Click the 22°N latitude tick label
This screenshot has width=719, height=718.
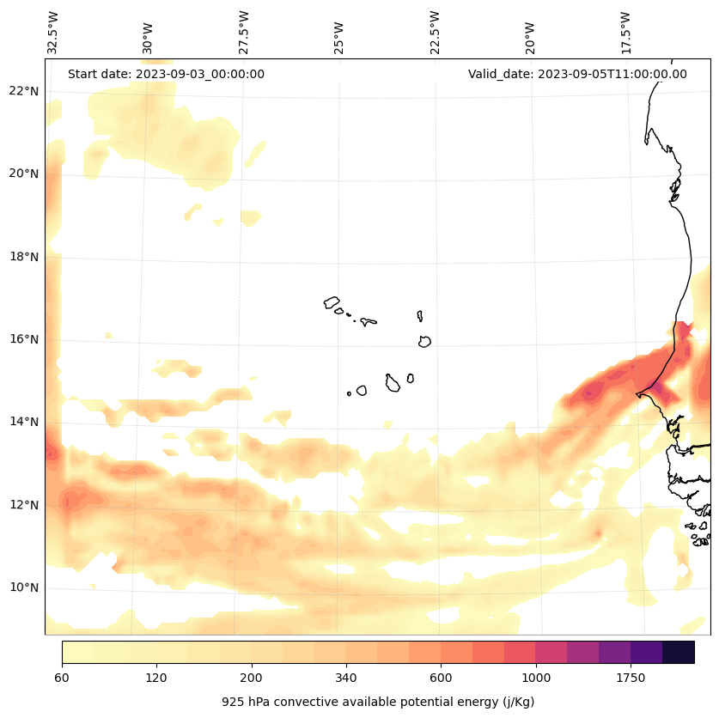pyautogui.click(x=24, y=90)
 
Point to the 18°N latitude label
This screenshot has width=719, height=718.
pyautogui.click(x=24, y=256)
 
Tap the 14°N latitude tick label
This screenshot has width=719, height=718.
pyautogui.click(x=24, y=422)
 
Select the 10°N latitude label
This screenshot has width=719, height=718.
pyautogui.click(x=24, y=587)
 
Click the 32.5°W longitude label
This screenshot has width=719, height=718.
pyautogui.click(x=53, y=33)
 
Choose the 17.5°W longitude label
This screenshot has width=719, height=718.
pyautogui.click(x=625, y=33)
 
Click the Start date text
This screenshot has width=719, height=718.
pyautogui.click(x=166, y=74)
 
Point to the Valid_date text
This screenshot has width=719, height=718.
pyautogui.click(x=577, y=74)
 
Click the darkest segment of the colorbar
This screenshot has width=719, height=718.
pyautogui.click(x=679, y=652)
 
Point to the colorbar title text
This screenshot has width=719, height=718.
pyautogui.click(x=378, y=702)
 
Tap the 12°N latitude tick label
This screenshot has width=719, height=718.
pyautogui.click(x=24, y=505)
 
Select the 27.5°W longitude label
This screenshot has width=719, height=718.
pyautogui.click(x=244, y=33)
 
